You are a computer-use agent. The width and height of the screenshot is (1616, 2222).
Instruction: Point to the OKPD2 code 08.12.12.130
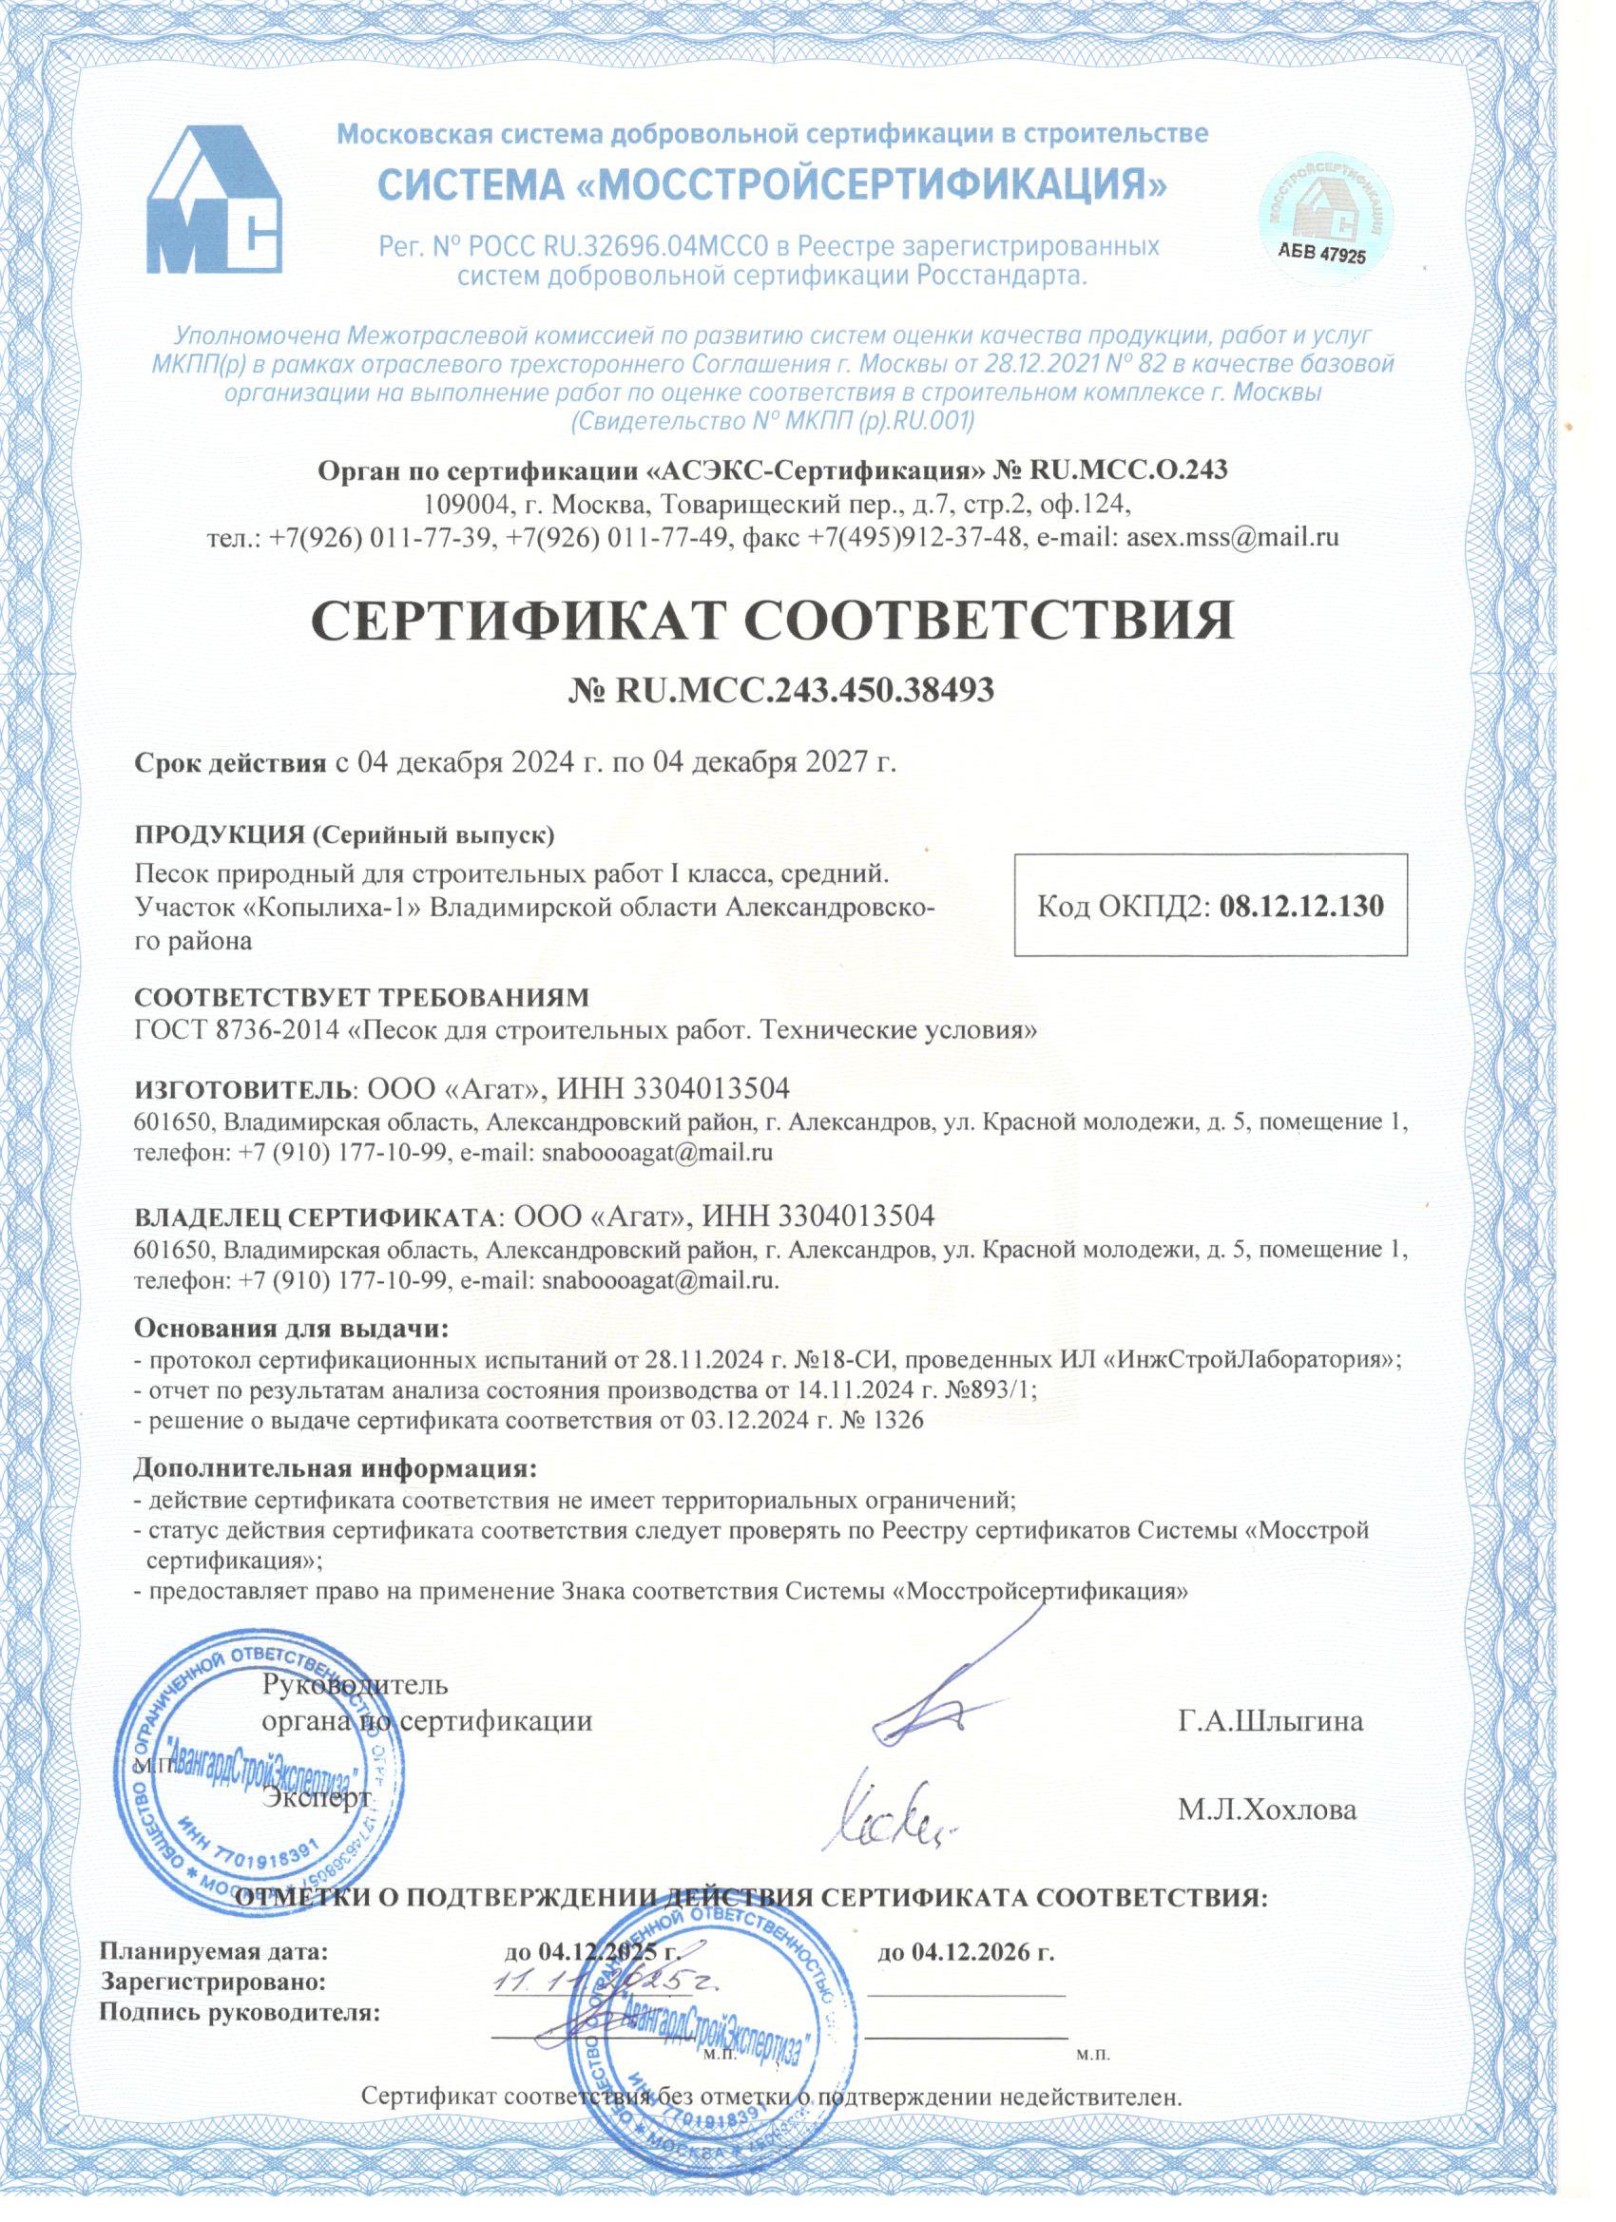click(1301, 906)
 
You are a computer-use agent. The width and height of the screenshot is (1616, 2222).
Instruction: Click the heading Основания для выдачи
click(291, 1330)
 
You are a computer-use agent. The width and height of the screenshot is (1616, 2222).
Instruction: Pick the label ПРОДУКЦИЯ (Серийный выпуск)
click(345, 834)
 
